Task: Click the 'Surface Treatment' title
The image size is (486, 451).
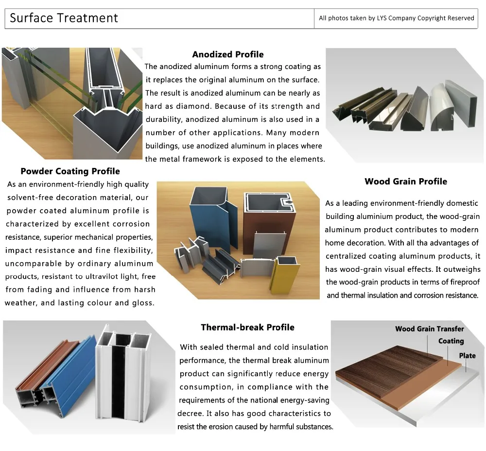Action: (x=64, y=18)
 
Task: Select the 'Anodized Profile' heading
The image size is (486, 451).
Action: (x=228, y=54)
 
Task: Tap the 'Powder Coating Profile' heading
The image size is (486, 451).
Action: (x=70, y=171)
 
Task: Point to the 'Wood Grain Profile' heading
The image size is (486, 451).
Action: (x=406, y=182)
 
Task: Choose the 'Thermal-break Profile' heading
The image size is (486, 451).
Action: (x=247, y=327)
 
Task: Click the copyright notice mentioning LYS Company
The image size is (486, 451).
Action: (x=396, y=18)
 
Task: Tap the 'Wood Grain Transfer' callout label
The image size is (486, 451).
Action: (x=429, y=329)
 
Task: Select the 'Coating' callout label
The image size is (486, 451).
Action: (x=451, y=341)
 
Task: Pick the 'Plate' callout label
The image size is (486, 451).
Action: (x=467, y=356)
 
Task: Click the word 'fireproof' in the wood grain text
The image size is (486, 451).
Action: (x=461, y=282)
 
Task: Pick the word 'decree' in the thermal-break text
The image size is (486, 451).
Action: (x=191, y=414)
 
